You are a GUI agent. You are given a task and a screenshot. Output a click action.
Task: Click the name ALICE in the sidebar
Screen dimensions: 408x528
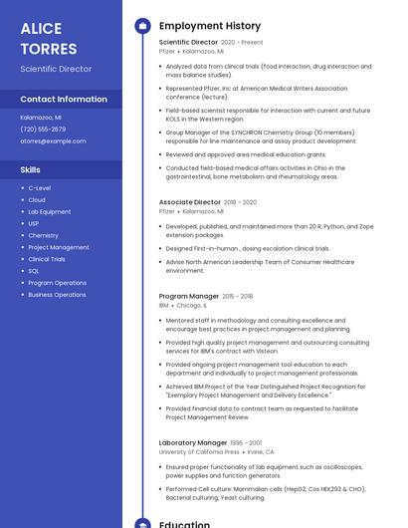pyautogui.click(x=41, y=29)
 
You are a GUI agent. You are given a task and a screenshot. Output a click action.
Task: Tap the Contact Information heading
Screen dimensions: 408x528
pyautogui.click(x=64, y=100)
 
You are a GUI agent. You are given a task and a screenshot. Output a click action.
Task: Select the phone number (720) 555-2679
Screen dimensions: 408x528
pyautogui.click(x=43, y=130)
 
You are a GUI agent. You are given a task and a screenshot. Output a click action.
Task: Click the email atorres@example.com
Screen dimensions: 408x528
pyautogui.click(x=53, y=141)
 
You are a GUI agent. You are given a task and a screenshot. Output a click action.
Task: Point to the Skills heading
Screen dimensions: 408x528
pyautogui.click(x=31, y=170)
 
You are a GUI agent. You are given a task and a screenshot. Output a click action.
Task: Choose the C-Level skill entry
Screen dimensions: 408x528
pyautogui.click(x=40, y=188)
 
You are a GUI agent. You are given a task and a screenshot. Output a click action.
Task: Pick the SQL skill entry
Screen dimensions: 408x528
pyautogui.click(x=34, y=271)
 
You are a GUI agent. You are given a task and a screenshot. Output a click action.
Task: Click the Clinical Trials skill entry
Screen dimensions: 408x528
pyautogui.click(x=47, y=259)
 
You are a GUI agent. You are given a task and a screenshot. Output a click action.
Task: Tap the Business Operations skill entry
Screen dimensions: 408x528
pyautogui.click(x=57, y=295)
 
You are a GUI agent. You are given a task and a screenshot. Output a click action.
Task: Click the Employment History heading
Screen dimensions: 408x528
pyautogui.click(x=210, y=26)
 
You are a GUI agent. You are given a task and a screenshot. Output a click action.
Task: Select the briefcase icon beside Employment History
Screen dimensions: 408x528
pyautogui.click(x=142, y=26)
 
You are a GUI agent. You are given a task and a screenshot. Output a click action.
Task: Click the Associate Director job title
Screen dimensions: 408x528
pyautogui.click(x=188, y=202)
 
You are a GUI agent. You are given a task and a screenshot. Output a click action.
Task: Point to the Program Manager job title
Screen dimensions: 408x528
pyautogui.click(x=188, y=296)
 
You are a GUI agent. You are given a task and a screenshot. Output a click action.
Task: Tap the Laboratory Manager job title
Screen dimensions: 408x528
pyautogui.click(x=193, y=442)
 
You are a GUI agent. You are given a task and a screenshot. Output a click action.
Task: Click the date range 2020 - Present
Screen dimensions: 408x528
pyautogui.click(x=242, y=43)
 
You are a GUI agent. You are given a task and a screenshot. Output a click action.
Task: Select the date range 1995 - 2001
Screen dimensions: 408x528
pyautogui.click(x=246, y=442)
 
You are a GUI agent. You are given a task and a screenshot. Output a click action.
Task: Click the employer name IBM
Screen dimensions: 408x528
pyautogui.click(x=164, y=306)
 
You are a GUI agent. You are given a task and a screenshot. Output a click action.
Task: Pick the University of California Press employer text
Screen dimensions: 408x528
pyautogui.click(x=199, y=452)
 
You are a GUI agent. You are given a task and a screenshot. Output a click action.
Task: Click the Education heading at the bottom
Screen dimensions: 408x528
pyautogui.click(x=184, y=523)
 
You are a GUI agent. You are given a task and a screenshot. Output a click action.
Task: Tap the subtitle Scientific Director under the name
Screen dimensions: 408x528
pyautogui.click(x=56, y=69)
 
